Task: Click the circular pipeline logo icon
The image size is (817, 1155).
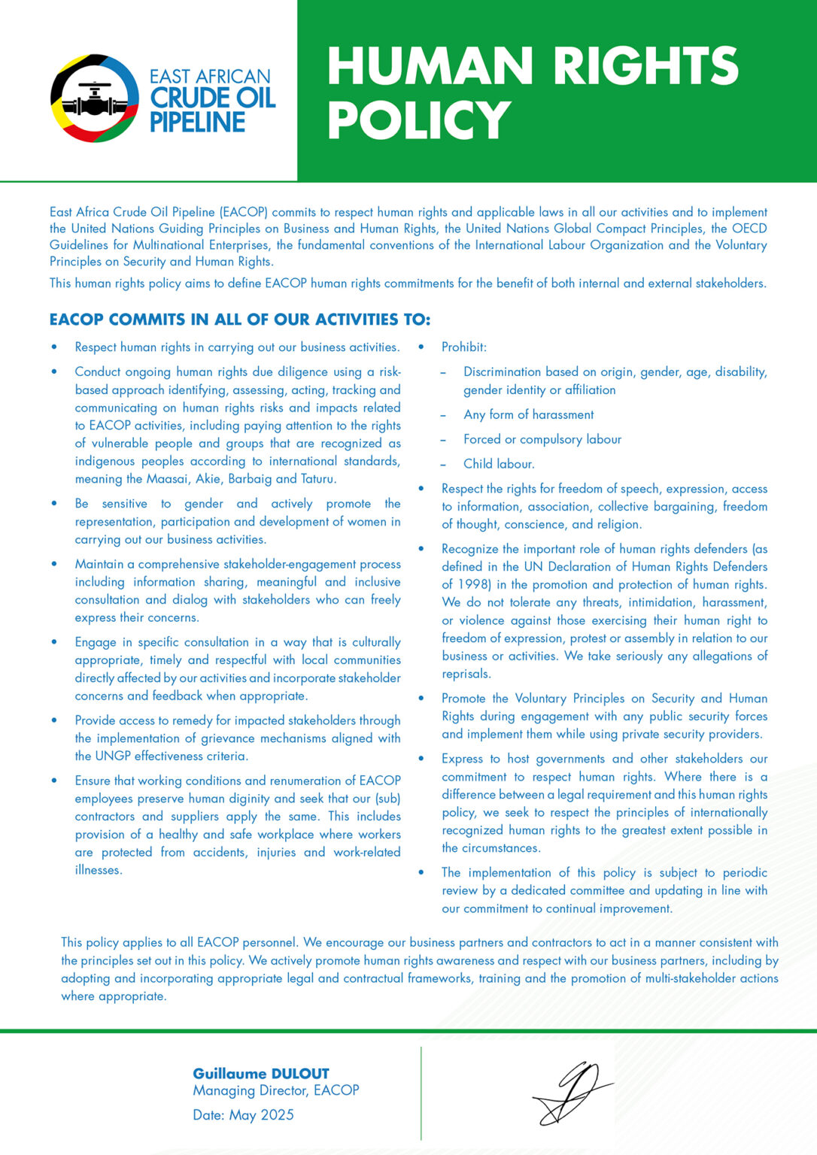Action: pos(95,98)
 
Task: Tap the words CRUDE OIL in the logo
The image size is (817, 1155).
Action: pos(213,98)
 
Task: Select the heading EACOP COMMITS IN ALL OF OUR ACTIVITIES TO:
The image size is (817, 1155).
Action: pos(240,320)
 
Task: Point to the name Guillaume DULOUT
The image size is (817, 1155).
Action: pos(261,1074)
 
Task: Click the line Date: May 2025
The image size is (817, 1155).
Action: pos(243,1114)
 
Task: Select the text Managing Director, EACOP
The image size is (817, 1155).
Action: pos(275,1090)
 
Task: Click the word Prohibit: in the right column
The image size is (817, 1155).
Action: pos(463,347)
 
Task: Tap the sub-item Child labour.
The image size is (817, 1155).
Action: pos(499,464)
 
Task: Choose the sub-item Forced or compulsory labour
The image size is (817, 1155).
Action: pos(542,439)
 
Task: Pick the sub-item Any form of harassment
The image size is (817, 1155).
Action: pos(528,414)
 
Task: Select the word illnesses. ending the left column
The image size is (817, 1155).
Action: pos(99,870)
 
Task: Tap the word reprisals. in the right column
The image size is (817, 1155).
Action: pos(466,674)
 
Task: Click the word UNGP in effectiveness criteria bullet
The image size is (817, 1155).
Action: pos(113,756)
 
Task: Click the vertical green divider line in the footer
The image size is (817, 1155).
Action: pos(421,1093)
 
